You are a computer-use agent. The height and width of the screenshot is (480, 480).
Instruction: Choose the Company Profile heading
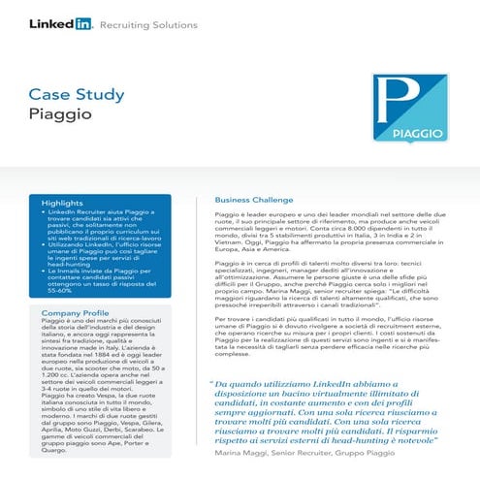point(74,313)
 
